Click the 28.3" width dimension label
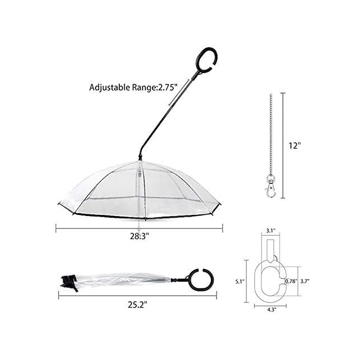click(139, 236)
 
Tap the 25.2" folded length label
click(137, 305)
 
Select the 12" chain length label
click(294, 145)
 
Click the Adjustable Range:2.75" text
click(133, 87)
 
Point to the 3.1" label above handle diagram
click(271, 231)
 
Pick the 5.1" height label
click(240, 281)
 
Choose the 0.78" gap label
click(291, 281)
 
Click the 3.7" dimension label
click(305, 281)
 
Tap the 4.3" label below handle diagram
click(271, 309)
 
